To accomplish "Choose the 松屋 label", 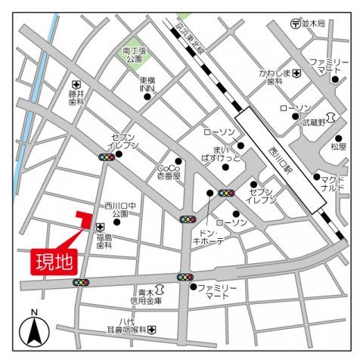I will [338, 147].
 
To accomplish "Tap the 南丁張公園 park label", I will [135, 54].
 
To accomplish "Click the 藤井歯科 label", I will [75, 99].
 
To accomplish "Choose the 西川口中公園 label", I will [121, 209].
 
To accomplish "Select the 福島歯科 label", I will [104, 241].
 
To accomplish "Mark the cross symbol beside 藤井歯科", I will [76, 84].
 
